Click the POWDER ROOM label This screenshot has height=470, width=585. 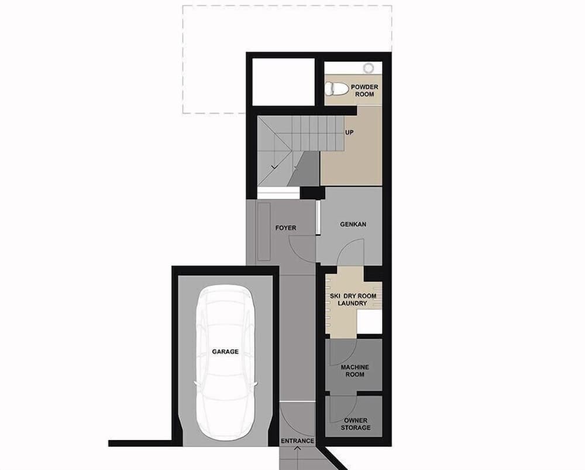click(364, 90)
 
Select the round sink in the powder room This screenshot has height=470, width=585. click(368, 67)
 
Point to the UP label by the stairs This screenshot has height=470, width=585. click(349, 133)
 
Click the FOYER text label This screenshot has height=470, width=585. click(285, 227)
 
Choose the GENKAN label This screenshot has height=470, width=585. click(353, 224)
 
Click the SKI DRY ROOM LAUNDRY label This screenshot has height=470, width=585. click(352, 299)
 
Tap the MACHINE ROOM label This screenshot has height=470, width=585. click(355, 371)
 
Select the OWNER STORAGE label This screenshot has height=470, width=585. click(356, 424)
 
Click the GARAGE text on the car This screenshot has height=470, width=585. click(225, 352)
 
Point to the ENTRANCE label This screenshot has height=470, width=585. click(297, 441)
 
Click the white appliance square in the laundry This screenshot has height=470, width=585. click(370, 322)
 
